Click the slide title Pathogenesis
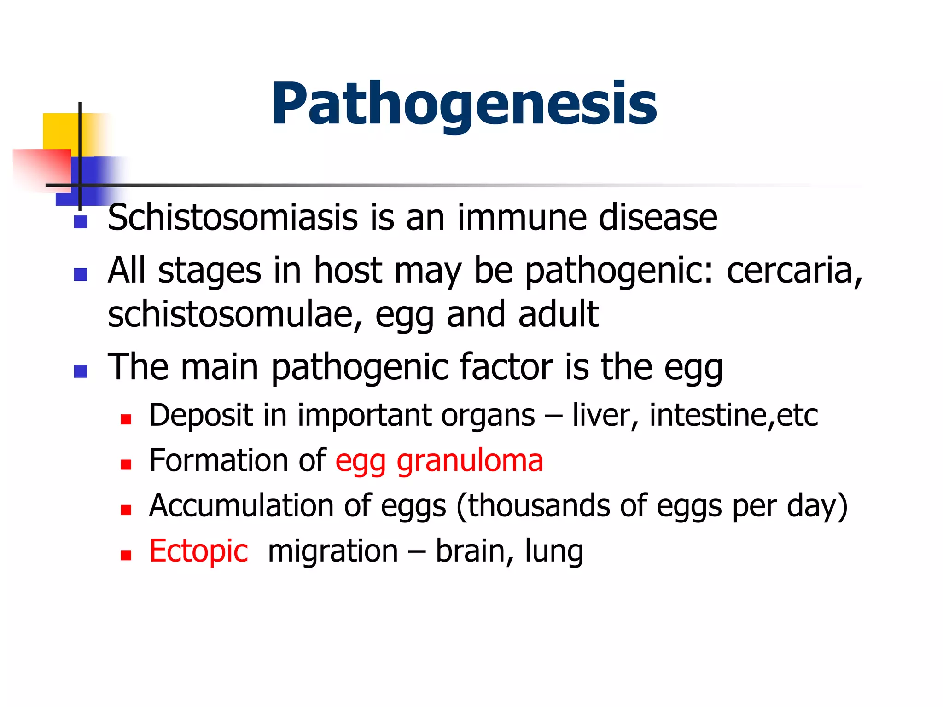(464, 104)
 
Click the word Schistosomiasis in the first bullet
(233, 218)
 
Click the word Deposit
(201, 416)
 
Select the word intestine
(708, 416)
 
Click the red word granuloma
(470, 461)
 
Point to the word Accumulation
(241, 506)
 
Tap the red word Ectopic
(198, 551)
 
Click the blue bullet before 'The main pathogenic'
(81, 371)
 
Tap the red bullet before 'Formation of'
(126, 465)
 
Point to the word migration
(332, 551)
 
